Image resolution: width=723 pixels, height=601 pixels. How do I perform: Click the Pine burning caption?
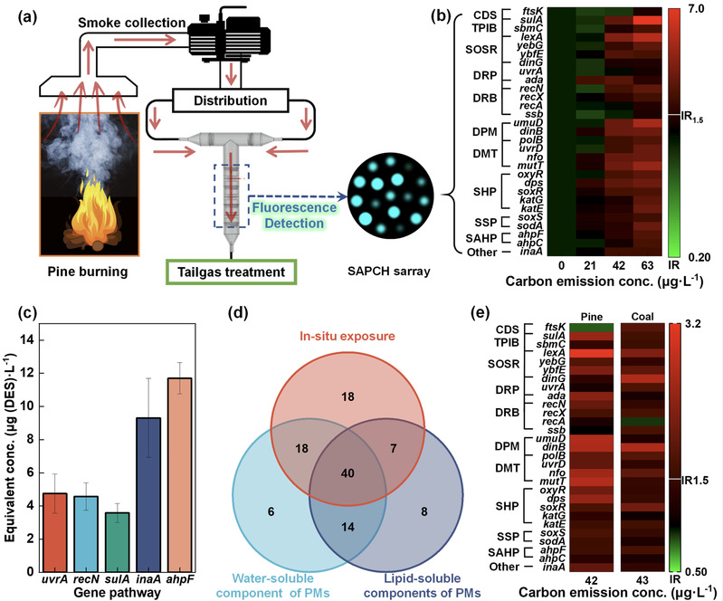(85, 272)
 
